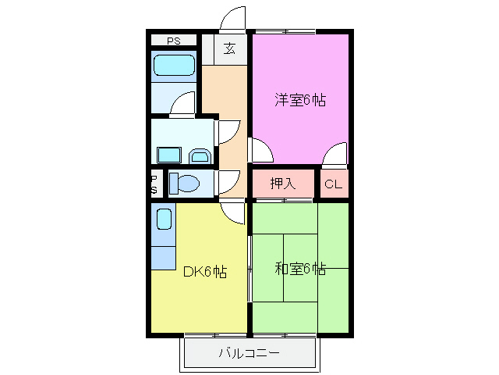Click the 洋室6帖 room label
299,100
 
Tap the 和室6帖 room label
300,269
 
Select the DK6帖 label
204,272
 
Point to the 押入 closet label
283,184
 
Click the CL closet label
333,184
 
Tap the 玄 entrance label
230,48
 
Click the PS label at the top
173,41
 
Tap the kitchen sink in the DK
163,219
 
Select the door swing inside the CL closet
336,155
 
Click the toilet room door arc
229,182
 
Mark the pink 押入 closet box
283,184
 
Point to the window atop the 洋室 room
286,31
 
